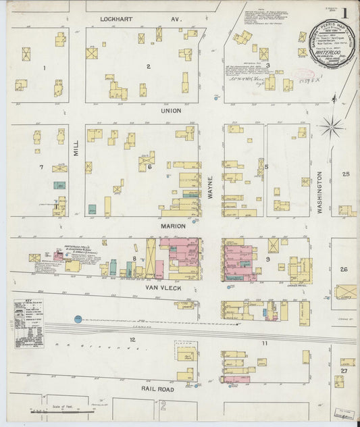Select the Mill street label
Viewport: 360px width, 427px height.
point(76,143)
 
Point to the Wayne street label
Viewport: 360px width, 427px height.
point(211,184)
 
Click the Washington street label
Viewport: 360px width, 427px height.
point(321,193)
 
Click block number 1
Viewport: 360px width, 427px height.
point(44,68)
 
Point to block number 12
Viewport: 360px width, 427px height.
point(133,338)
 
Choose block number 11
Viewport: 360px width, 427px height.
point(265,344)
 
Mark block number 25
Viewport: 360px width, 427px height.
point(346,174)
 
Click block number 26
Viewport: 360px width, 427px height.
point(344,270)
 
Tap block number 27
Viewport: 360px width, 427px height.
point(344,371)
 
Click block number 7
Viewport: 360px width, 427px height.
point(41,166)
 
